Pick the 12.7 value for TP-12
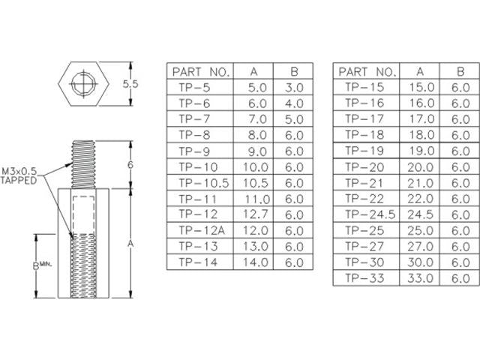(258, 214)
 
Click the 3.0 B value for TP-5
(294, 88)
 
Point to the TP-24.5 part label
(365, 214)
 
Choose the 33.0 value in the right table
(421, 278)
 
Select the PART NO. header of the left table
(200, 72)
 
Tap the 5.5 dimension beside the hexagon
(130, 85)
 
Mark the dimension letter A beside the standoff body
(130, 244)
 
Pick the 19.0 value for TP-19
(421, 151)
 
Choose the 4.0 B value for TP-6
(294, 103)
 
